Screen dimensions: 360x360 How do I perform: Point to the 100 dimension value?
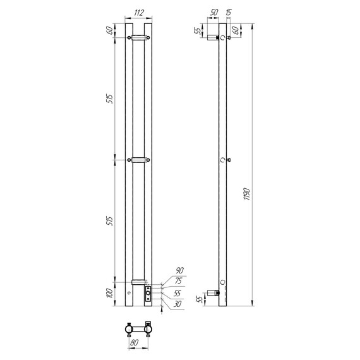pyautogui.click(x=109, y=293)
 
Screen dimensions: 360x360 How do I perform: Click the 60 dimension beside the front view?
pyautogui.click(x=109, y=31)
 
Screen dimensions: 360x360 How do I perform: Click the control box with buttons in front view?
pyautogui.click(x=148, y=294)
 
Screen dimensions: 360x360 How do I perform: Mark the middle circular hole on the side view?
pyautogui.click(x=222, y=160)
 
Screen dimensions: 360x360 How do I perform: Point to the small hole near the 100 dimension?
pyautogui.click(x=129, y=292)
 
